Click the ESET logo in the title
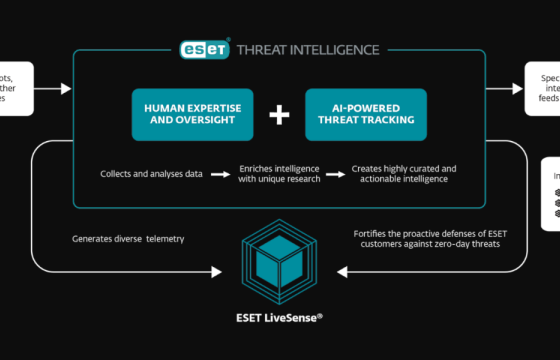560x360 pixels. coord(204,48)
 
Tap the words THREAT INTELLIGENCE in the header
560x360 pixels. coord(307,49)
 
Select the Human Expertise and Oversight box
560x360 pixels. coord(193,114)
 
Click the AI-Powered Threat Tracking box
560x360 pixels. coord(365,114)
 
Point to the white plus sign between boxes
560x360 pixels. coord(279,115)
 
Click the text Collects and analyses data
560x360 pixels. coord(151,174)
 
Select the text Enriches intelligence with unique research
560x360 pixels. coord(279,174)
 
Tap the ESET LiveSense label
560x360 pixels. coord(280,316)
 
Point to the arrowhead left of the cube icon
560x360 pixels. coord(220,269)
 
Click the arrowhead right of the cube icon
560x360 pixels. coord(341,269)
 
